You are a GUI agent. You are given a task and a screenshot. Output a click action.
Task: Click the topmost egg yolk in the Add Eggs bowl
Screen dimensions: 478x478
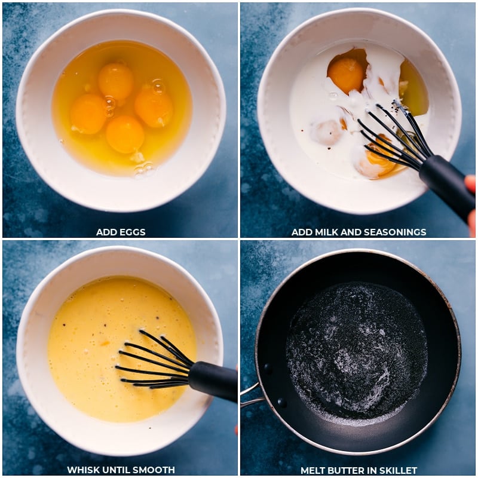pos(116,81)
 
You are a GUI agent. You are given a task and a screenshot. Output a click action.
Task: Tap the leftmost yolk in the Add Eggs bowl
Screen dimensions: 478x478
pos(88,114)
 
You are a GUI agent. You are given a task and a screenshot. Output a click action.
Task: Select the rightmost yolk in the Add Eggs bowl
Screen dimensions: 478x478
pos(154,107)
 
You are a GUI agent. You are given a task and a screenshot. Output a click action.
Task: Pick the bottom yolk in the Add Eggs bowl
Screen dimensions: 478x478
pos(125,134)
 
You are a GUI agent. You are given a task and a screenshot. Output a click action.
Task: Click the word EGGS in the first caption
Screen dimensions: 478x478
pos(133,232)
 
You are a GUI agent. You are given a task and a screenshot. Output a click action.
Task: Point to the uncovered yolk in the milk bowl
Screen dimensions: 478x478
pos(347,75)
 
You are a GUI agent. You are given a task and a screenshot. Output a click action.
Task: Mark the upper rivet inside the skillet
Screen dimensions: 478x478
pos(267,369)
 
